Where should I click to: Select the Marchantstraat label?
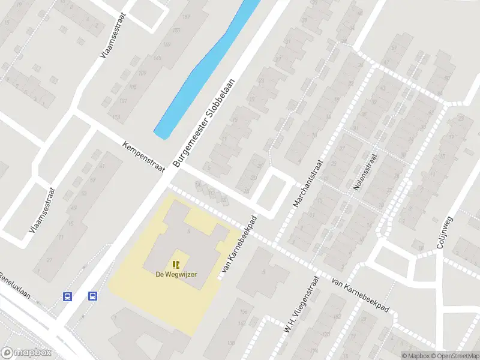pyautogui.click(x=308, y=183)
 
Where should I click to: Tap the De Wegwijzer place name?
pyautogui.click(x=176, y=274)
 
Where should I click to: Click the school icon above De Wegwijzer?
pyautogui.click(x=176, y=264)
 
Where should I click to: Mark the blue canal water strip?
pyautogui.click(x=204, y=69)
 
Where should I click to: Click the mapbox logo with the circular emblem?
pyautogui.click(x=26, y=353)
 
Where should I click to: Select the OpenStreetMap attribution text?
pyautogui.click(x=454, y=356)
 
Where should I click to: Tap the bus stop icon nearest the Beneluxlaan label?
pyautogui.click(x=68, y=296)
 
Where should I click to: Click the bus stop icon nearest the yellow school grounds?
pyautogui.click(x=93, y=296)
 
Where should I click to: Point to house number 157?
pyautogui.click(x=185, y=17)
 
